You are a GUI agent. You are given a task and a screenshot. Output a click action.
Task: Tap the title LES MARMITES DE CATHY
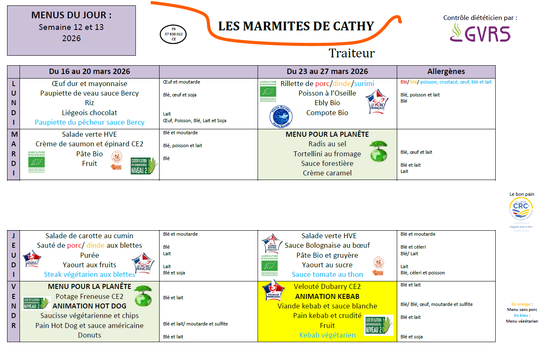[x=296, y=26]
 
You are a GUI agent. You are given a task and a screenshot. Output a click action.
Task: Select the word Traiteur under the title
[x=351, y=53]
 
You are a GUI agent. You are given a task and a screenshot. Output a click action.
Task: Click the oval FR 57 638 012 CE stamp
[x=173, y=34]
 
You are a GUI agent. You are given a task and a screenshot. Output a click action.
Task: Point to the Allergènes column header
[x=446, y=72]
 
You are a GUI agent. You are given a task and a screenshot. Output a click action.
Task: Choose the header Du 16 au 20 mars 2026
[x=89, y=72]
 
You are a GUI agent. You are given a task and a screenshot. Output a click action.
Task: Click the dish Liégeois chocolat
[x=89, y=113]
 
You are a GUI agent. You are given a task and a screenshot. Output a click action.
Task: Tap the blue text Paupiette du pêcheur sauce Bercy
[x=89, y=122]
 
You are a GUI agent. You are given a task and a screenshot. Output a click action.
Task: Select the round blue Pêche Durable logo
[x=281, y=116]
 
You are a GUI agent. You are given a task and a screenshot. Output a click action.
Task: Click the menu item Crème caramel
[x=327, y=173]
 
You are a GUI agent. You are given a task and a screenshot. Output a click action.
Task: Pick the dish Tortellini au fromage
[x=327, y=154]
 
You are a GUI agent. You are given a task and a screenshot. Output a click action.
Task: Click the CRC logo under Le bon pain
[x=521, y=209]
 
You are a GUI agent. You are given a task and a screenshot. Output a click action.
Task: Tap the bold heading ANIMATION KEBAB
[x=327, y=296]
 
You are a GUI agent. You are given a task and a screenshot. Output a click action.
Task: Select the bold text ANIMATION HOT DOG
[x=89, y=306]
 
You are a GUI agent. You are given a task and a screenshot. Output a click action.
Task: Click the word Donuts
[x=89, y=335]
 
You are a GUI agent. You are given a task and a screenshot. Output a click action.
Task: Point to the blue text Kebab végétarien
[x=327, y=335]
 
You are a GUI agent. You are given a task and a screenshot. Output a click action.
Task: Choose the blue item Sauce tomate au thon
[x=327, y=274]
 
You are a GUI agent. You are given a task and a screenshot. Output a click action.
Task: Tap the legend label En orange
[x=521, y=304]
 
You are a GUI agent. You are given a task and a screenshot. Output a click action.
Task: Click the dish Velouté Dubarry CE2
[x=327, y=287]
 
